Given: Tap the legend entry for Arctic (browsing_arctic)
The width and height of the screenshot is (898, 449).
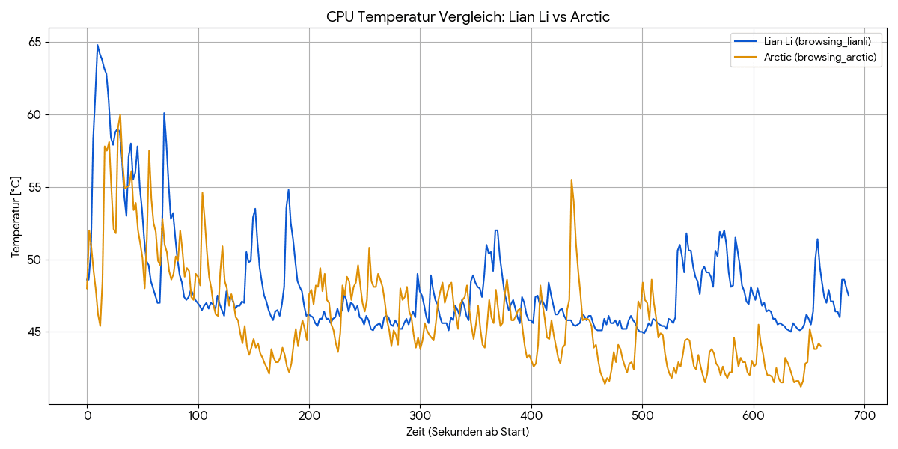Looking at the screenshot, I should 820,57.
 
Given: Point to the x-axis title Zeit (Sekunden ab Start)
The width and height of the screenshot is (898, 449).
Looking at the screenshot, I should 468,432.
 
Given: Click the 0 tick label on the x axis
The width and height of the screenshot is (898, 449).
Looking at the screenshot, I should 87,415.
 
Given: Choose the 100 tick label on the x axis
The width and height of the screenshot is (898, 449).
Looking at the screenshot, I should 198,415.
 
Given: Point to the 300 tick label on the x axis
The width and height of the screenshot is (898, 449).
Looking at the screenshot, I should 420,415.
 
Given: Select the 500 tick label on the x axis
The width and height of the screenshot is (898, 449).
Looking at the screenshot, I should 642,415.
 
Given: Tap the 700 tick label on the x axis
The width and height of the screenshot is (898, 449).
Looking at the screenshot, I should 864,415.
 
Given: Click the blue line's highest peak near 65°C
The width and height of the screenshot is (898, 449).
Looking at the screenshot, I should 97,45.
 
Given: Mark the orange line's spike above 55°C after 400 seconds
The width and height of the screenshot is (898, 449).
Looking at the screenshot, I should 572,180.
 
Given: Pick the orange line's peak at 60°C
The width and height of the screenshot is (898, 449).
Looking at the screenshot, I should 120,114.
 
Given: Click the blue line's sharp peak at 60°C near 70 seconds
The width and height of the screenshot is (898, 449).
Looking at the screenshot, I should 164,113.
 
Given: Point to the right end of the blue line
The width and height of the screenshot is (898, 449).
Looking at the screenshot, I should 849,296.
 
